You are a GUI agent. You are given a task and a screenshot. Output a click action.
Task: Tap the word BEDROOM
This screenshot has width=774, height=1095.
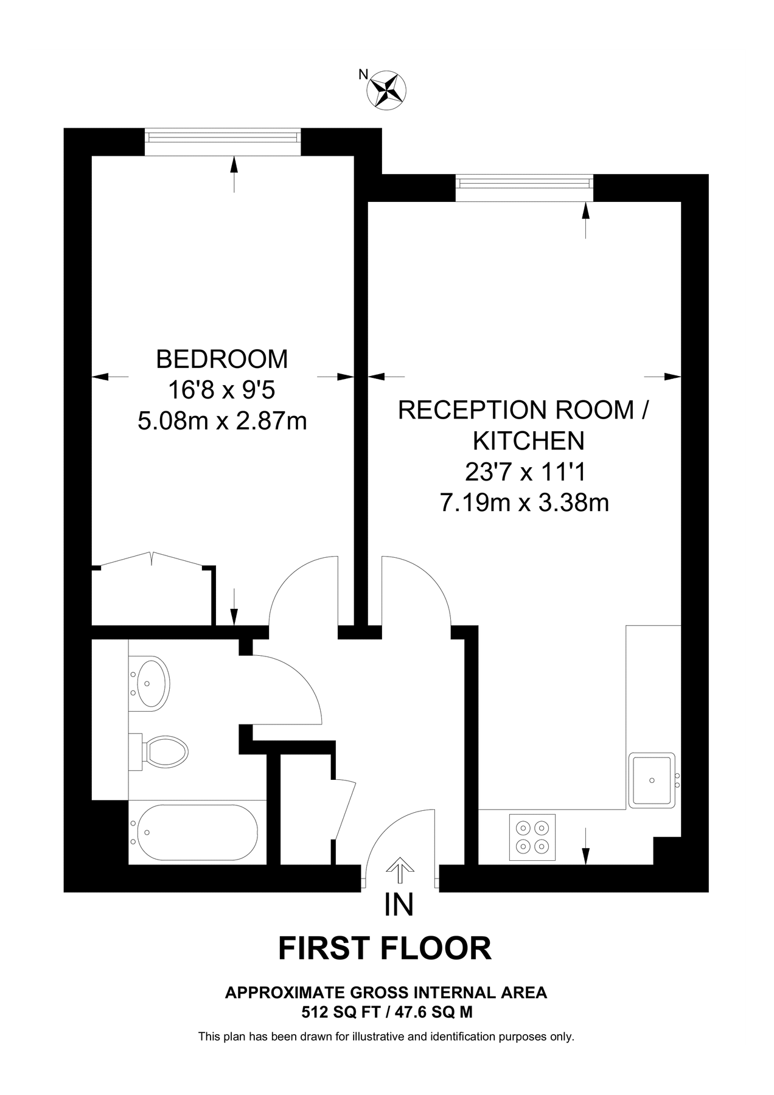click(x=222, y=360)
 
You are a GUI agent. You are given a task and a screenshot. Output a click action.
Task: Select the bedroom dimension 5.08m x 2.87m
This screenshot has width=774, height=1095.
click(x=222, y=421)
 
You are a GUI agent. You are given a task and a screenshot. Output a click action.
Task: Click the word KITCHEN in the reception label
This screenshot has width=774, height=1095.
click(x=528, y=440)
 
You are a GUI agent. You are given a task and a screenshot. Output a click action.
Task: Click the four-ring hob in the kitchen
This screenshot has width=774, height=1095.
click(x=532, y=836)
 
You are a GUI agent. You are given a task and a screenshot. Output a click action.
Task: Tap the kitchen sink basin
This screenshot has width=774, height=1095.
click(x=652, y=780)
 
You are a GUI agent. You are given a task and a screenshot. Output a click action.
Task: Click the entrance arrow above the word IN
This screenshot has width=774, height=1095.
click(x=399, y=871)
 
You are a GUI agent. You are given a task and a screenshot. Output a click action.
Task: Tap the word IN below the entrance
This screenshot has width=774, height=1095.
click(x=399, y=905)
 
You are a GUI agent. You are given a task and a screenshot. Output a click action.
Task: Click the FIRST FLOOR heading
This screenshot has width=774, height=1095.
click(x=385, y=948)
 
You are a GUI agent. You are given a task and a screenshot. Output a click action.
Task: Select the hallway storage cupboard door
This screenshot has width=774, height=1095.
click(x=344, y=809)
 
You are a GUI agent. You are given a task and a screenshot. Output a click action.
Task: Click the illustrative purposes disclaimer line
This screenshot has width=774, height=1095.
click(x=386, y=1037)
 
